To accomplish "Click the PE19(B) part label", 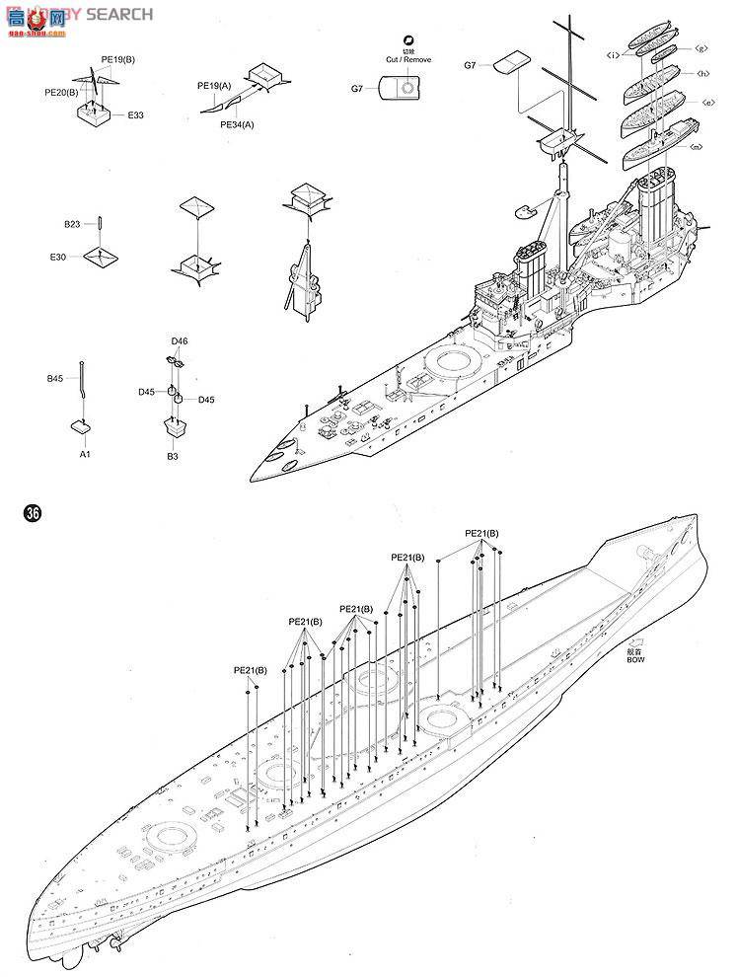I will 117,59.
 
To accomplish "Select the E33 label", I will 135,115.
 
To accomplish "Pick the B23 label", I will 72,225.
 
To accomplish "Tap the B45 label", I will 55,378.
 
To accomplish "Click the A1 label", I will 85,455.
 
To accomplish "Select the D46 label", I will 179,341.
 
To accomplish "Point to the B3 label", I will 172,457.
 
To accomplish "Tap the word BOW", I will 634,660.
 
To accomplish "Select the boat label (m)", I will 696,147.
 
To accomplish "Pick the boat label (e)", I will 707,102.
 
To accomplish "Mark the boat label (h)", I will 702,73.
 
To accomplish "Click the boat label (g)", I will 701,48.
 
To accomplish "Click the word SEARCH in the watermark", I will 119,14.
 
